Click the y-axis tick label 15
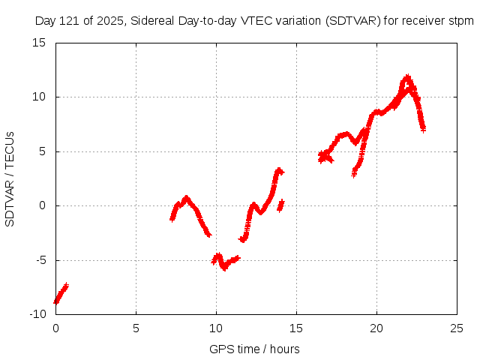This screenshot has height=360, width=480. (40, 43)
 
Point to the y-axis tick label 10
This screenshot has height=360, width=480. (40, 97)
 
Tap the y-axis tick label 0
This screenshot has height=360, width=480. (43, 205)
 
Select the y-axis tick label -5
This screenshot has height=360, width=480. (40, 260)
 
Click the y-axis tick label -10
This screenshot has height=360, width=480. (37, 314)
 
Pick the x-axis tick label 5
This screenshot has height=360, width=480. (136, 328)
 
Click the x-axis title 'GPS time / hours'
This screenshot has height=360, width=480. (255, 349)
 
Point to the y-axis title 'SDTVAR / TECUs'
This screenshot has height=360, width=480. (10, 178)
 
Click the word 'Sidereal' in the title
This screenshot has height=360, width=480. (152, 21)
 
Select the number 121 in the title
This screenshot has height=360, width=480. (72, 21)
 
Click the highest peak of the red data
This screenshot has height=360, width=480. (407, 76)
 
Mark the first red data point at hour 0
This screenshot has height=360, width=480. (55, 301)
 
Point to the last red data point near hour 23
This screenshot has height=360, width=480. (423, 130)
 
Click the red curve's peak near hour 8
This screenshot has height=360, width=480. (186, 197)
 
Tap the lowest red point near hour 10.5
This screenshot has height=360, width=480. (224, 268)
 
